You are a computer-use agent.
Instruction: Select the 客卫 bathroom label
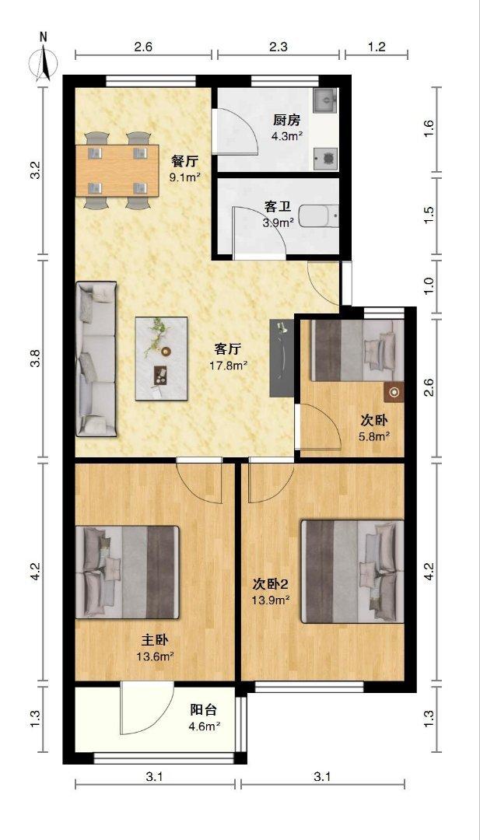(278, 207)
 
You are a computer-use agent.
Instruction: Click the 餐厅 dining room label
(184, 161)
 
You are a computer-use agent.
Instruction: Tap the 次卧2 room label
(271, 584)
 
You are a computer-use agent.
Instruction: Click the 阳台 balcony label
(205, 710)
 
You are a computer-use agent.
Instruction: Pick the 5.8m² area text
(375, 436)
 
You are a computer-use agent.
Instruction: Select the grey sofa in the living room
(95, 358)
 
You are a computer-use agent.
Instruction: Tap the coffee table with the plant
(163, 358)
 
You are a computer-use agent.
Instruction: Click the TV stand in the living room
(280, 358)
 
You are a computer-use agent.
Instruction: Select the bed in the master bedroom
(128, 573)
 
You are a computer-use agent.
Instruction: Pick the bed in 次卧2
(352, 572)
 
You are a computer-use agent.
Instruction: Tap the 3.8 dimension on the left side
(36, 359)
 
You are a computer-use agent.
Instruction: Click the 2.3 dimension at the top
(278, 47)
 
